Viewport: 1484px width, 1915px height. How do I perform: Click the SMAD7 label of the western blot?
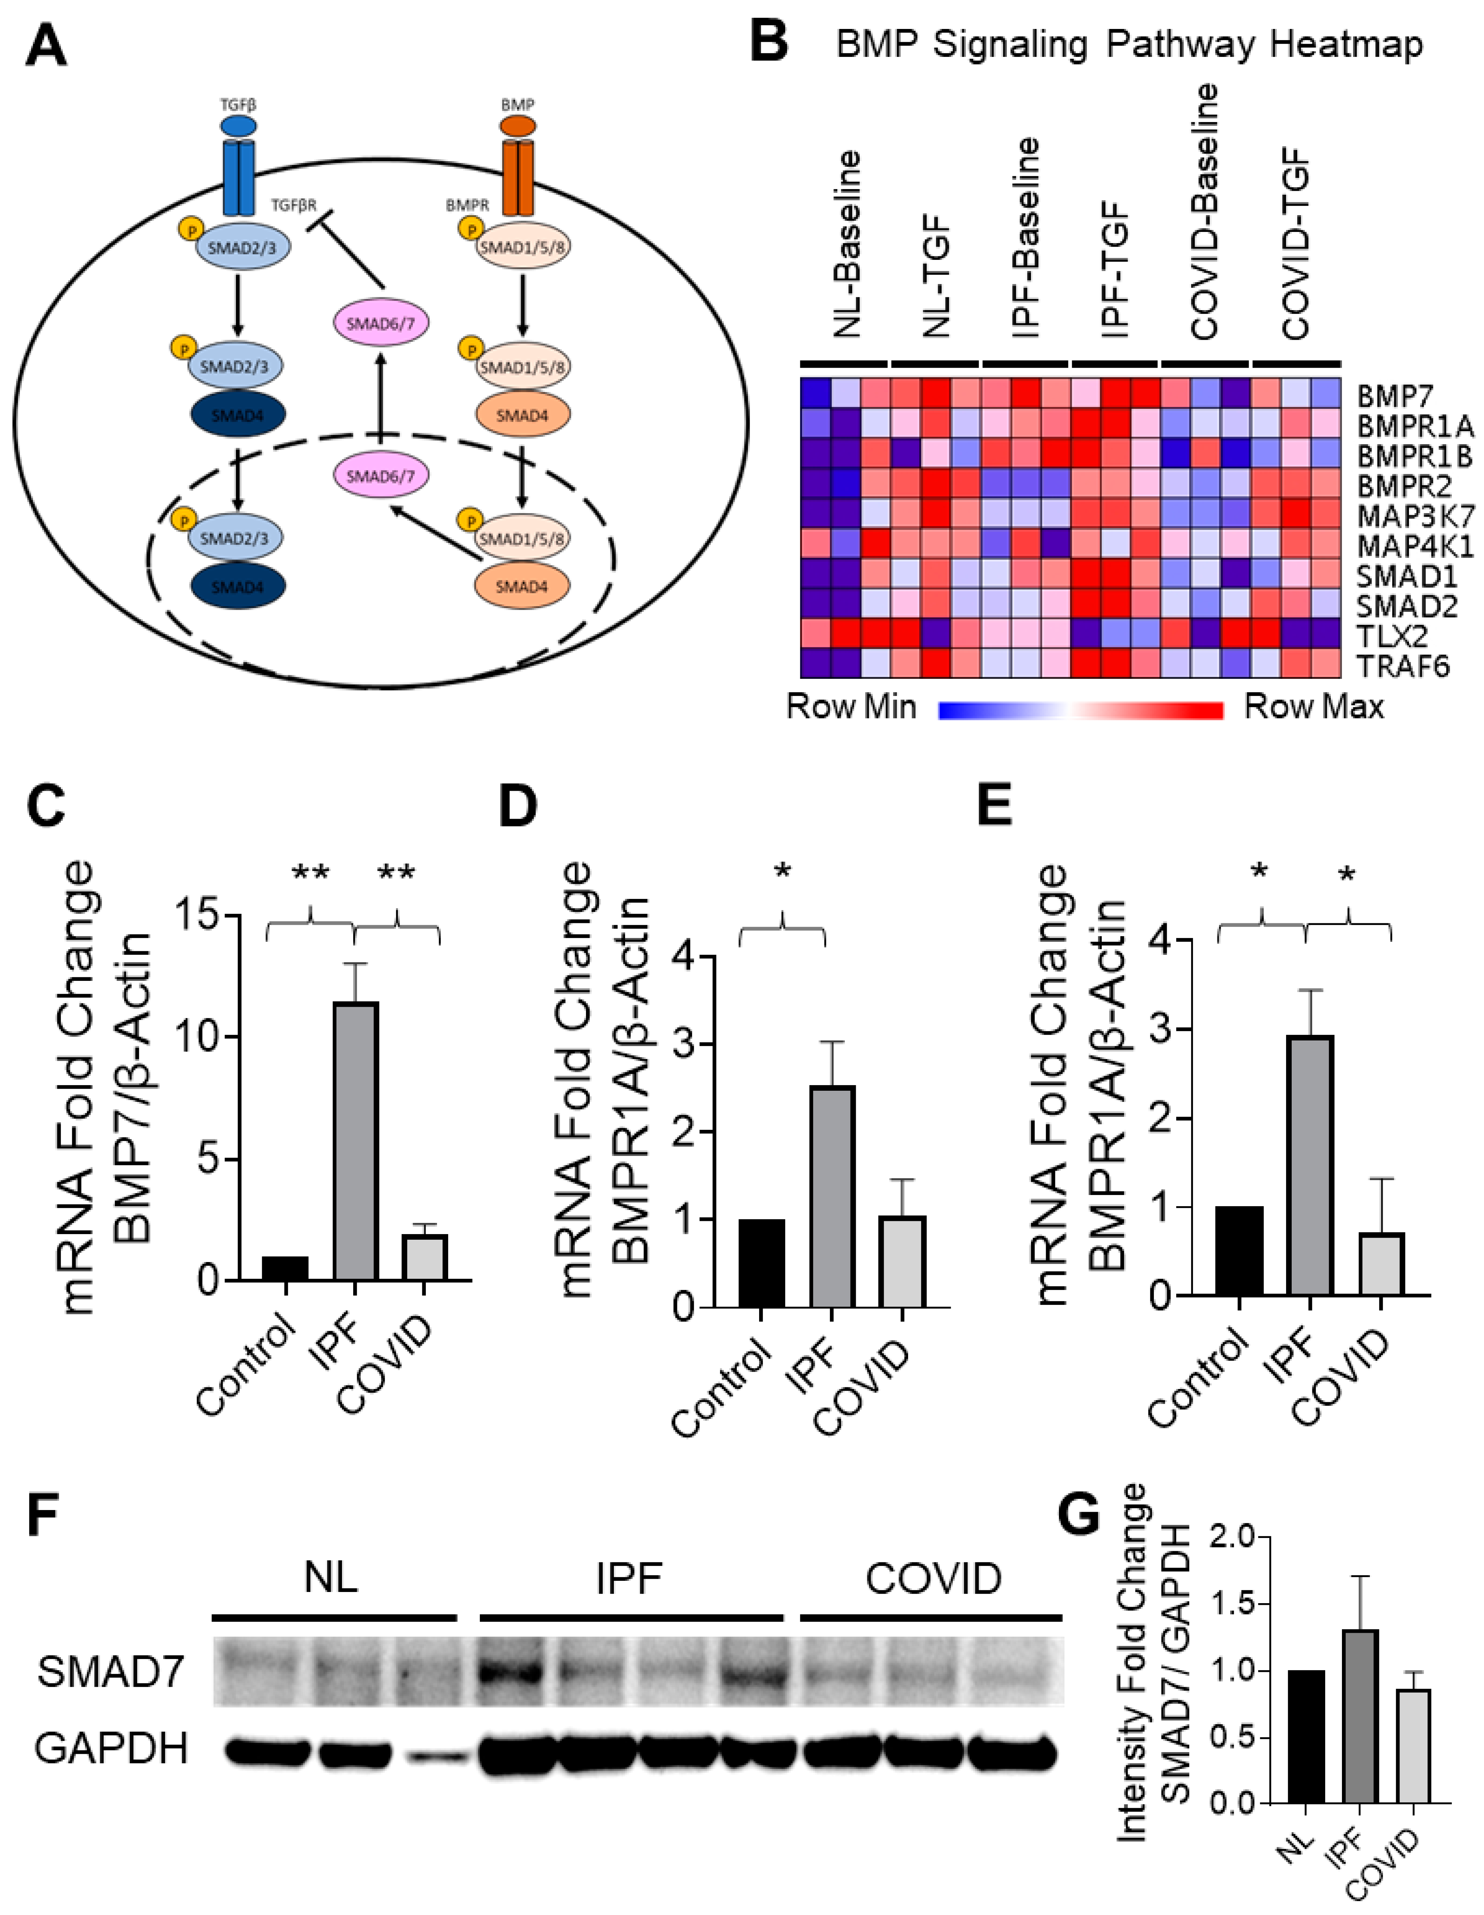(111, 1671)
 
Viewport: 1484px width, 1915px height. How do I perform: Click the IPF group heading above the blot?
(629, 1578)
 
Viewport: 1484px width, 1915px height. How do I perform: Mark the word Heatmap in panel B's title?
(1346, 44)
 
